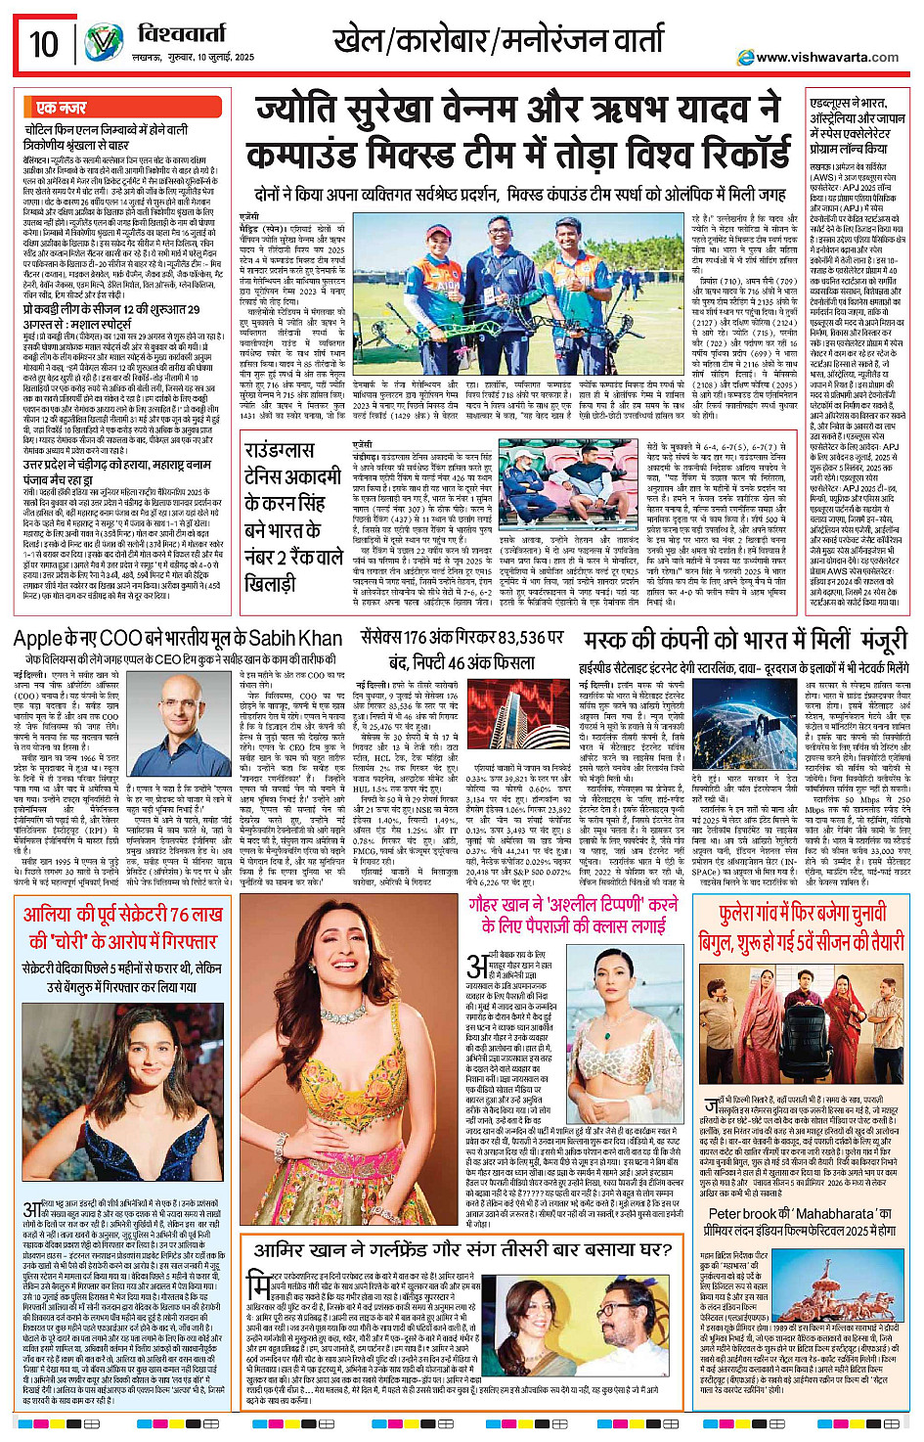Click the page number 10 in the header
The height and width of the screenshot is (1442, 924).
point(43,44)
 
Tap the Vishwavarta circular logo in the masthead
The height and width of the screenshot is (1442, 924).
point(103,43)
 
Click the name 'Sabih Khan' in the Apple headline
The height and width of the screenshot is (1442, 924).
point(294,639)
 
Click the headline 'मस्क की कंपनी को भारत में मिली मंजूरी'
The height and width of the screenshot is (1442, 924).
point(745,641)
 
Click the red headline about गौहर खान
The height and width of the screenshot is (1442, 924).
point(573,914)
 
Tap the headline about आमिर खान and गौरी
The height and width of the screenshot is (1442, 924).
point(462,1249)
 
